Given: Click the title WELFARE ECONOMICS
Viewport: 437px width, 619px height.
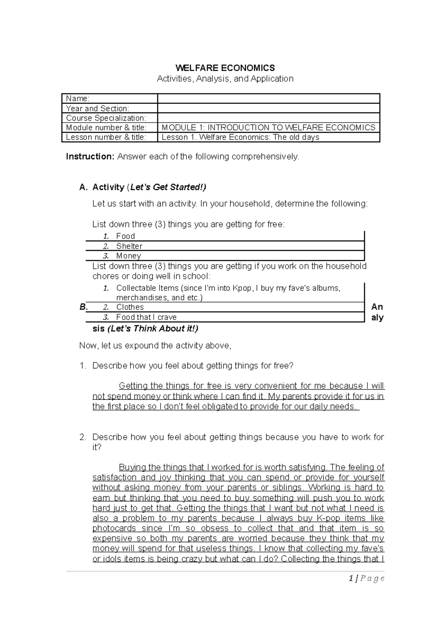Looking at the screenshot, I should [225, 68].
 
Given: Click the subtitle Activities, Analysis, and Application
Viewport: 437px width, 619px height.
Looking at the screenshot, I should [225, 79].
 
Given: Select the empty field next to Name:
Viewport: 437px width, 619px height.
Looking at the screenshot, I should [268, 98].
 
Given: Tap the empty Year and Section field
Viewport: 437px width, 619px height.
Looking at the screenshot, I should [268, 108].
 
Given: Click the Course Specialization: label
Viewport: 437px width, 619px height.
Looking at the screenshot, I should [106, 118].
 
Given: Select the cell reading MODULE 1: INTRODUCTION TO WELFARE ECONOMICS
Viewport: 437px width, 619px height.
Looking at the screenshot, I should [268, 128].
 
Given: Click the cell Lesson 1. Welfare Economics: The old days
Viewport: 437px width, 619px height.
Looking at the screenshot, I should [240, 137].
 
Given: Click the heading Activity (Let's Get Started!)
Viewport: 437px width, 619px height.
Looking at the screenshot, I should [149, 187].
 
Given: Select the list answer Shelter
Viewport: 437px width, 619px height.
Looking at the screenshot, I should [129, 246].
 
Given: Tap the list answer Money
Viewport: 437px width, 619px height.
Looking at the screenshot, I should [128, 256].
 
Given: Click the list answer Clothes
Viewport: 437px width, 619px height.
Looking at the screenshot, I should [130, 307].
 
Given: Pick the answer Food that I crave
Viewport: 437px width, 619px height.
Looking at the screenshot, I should [146, 317].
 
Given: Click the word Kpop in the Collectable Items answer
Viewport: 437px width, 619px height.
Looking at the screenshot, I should [243, 288].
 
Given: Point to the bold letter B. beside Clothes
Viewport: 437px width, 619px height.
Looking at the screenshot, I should [83, 307].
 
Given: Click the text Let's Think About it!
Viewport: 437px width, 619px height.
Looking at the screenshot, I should [153, 329].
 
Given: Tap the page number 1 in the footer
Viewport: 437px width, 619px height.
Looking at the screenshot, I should [350, 579].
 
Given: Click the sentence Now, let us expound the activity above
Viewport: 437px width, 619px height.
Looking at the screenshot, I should [155, 346].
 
